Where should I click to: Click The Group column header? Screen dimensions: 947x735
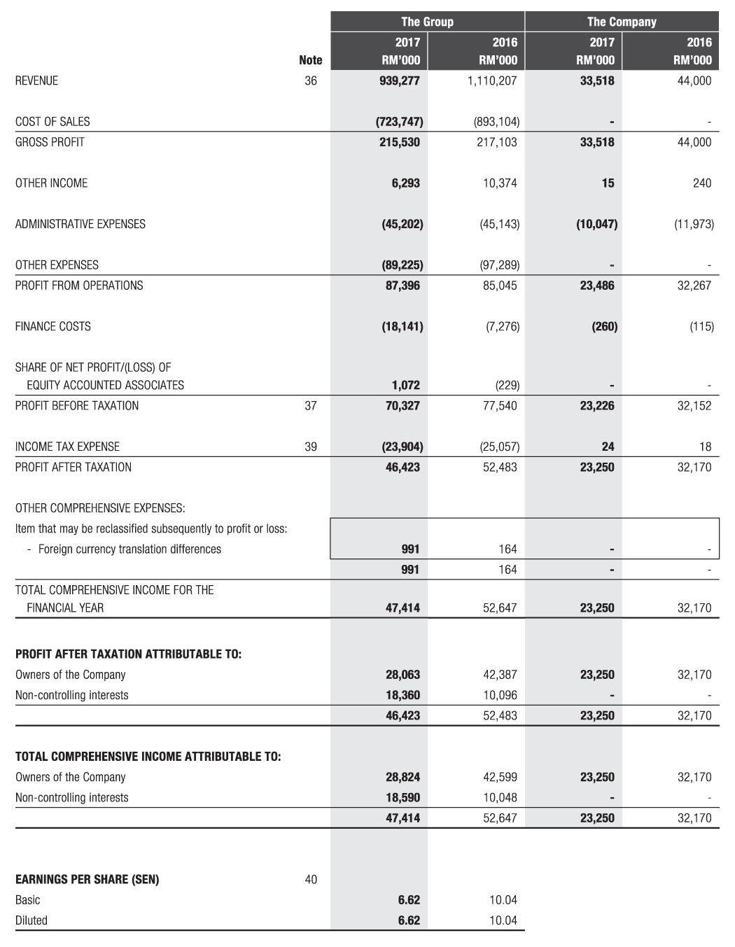pyautogui.click(x=427, y=22)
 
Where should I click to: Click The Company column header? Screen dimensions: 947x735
pyautogui.click(x=622, y=22)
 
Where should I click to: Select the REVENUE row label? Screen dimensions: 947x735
pyautogui.click(x=36, y=80)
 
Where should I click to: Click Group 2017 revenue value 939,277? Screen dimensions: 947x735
pyautogui.click(x=399, y=80)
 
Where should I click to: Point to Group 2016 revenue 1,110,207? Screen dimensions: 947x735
pyautogui.click(x=491, y=80)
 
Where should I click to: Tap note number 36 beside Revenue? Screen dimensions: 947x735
pyautogui.click(x=311, y=80)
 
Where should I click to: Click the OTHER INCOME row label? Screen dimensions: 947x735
pyautogui.click(x=51, y=183)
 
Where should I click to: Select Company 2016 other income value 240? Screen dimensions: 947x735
pyautogui.click(x=701, y=183)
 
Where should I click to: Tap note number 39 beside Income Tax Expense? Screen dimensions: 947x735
pyautogui.click(x=311, y=447)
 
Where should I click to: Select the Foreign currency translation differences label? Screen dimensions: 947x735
pyautogui.click(x=129, y=549)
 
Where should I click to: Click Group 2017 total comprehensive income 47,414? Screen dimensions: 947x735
pyautogui.click(x=402, y=608)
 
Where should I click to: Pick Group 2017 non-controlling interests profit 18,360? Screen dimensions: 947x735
pyautogui.click(x=402, y=695)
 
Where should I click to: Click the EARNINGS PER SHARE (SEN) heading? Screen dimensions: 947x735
pyautogui.click(x=87, y=880)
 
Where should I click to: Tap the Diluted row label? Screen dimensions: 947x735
pyautogui.click(x=31, y=920)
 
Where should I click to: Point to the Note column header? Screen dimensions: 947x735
pyautogui.click(x=311, y=60)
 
